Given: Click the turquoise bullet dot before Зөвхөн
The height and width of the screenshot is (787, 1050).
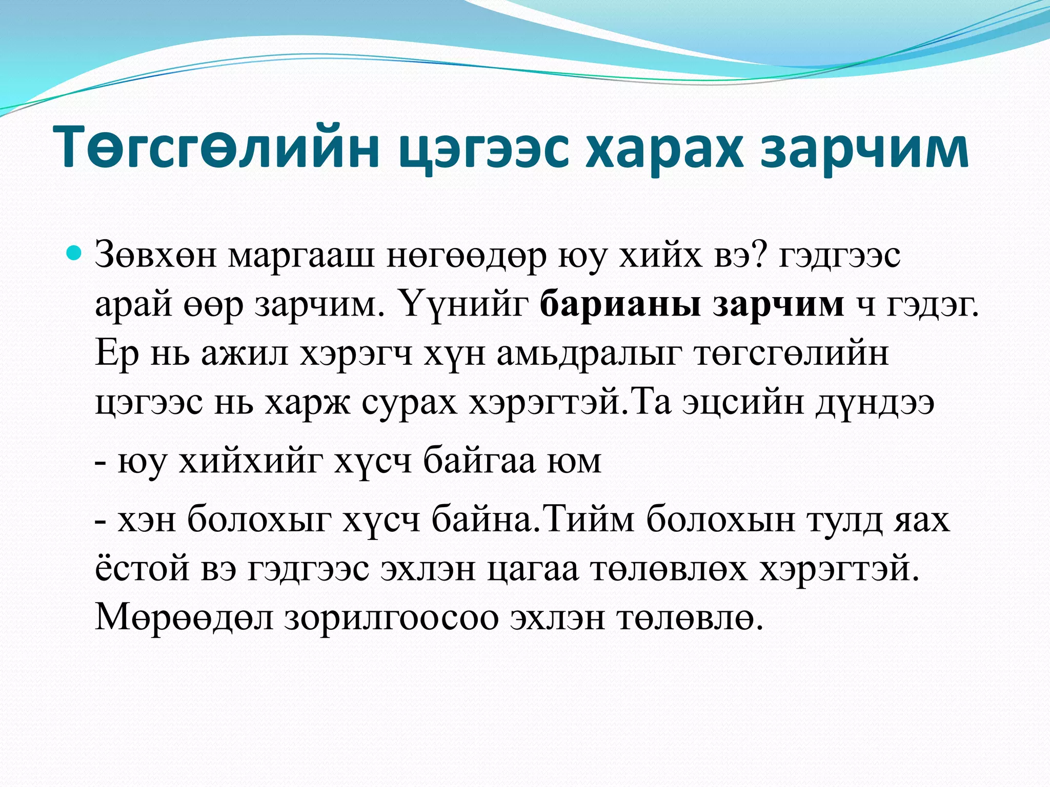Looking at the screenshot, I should coord(75,253).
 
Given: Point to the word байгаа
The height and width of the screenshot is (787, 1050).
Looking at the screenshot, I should coord(480,461).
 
